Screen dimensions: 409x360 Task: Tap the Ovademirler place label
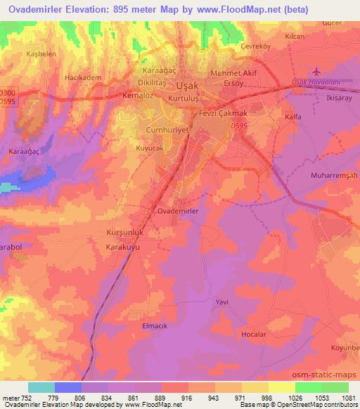(178, 211)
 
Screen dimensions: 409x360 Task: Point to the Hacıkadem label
(79, 77)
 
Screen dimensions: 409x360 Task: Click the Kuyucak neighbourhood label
(150, 149)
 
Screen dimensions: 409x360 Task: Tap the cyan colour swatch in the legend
(41, 387)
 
